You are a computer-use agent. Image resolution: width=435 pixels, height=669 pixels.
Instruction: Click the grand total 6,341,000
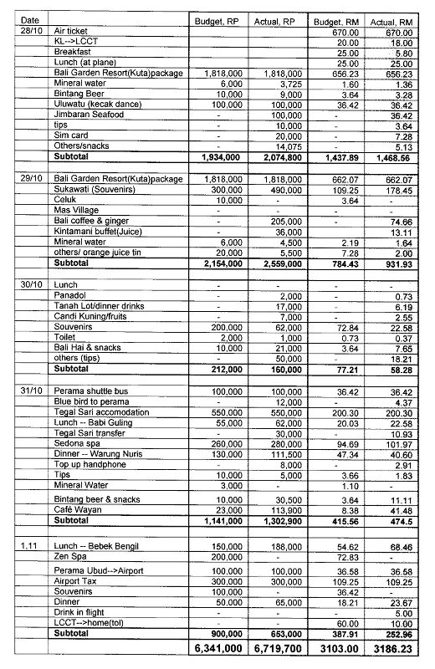pyautogui.click(x=218, y=647)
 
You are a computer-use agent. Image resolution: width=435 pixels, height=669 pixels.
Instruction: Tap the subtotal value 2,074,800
pyautogui.click(x=276, y=156)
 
